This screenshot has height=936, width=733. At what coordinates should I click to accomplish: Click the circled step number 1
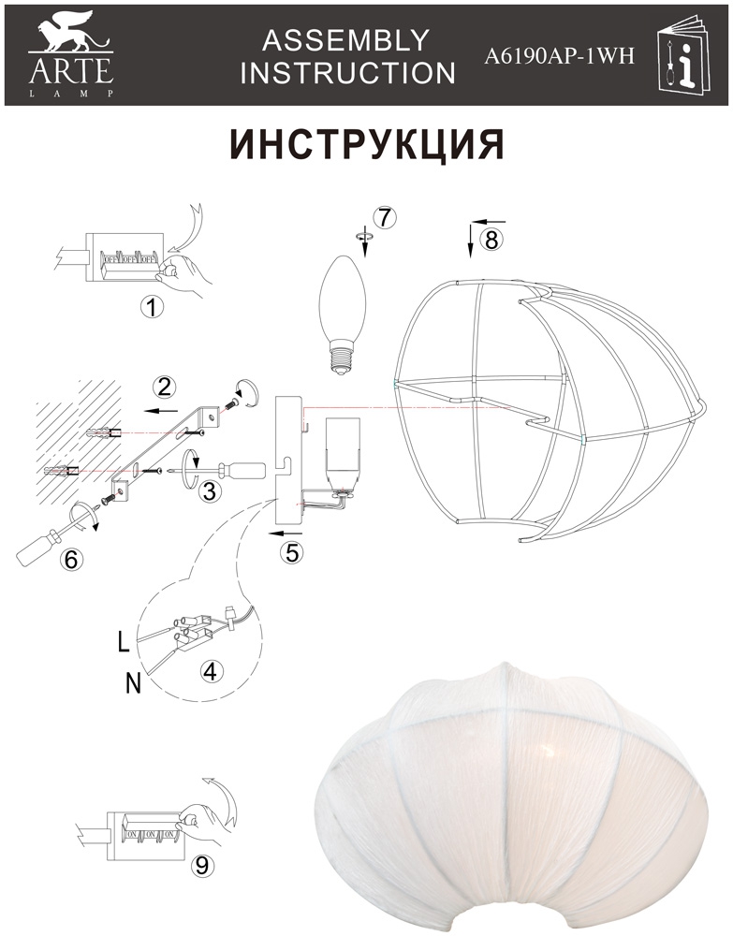point(151,307)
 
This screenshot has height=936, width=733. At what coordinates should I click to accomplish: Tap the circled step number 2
point(164,388)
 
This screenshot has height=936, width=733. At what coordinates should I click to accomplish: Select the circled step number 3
point(209,491)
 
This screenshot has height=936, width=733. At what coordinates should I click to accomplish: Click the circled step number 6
point(71,559)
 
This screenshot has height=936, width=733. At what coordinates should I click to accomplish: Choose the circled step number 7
point(385,217)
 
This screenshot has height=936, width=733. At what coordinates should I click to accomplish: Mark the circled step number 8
point(491,240)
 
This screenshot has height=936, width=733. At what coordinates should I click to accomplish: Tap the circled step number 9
point(202,865)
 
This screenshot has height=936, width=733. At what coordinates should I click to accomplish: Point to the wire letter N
point(134,683)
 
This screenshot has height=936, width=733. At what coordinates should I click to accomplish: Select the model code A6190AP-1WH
point(559,56)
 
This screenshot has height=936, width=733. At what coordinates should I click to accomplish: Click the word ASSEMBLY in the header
point(346,40)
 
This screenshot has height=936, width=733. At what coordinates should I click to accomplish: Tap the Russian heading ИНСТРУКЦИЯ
point(368,145)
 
